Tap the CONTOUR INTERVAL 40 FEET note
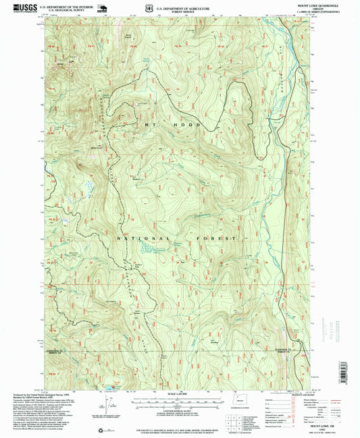[180, 409]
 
